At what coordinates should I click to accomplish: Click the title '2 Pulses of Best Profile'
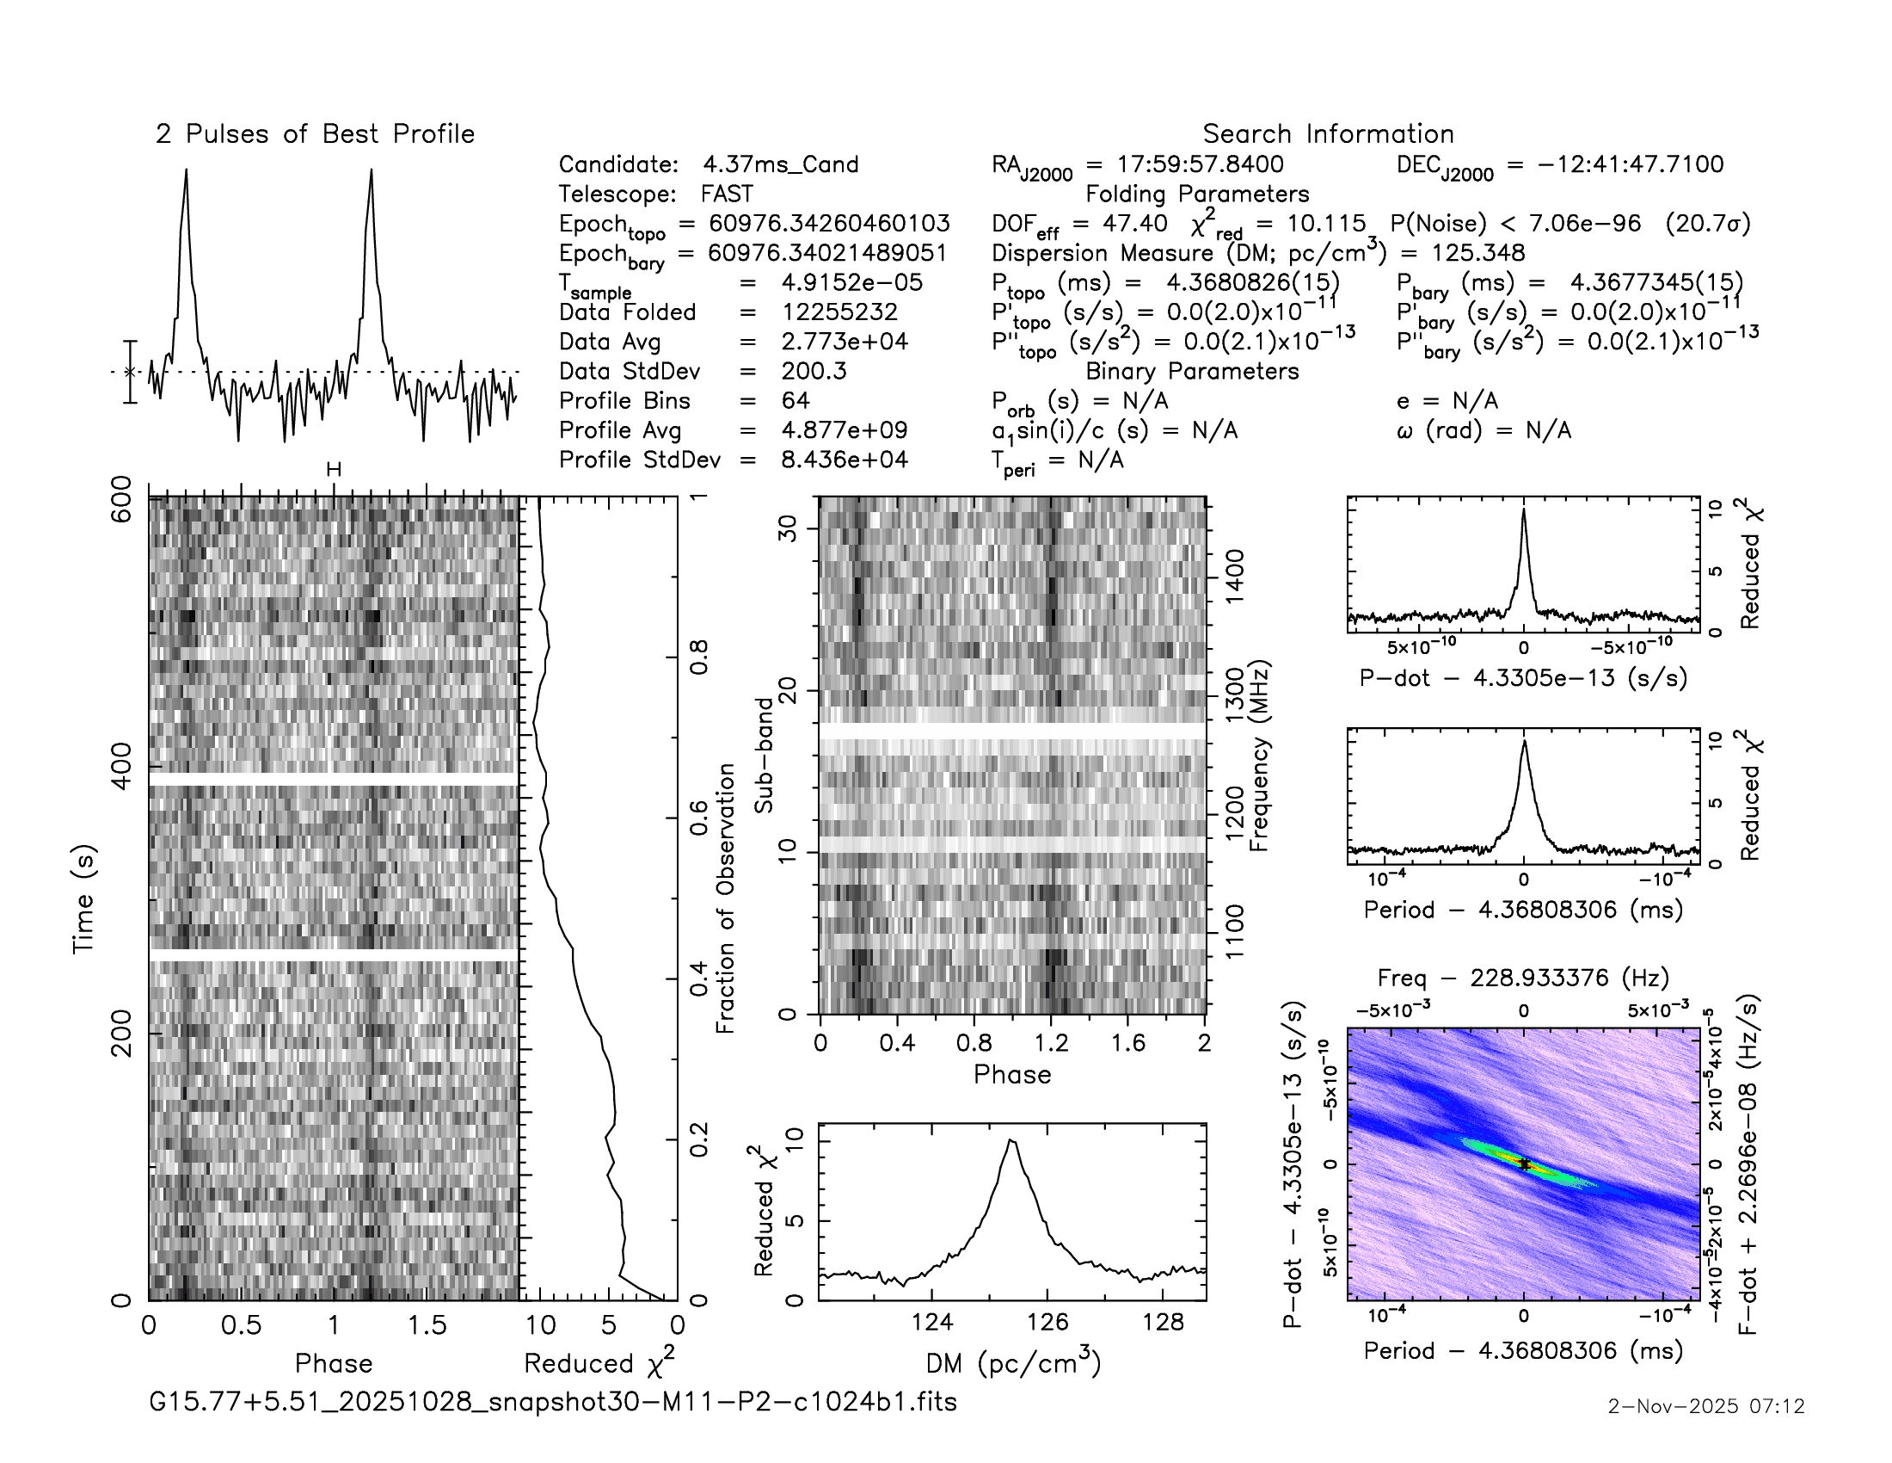tap(315, 134)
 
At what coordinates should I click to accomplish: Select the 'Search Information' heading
tap(1327, 134)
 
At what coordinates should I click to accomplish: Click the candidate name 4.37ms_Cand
tap(781, 164)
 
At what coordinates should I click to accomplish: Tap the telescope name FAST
tap(727, 194)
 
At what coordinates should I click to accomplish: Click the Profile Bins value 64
tap(795, 400)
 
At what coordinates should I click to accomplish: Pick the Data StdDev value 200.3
tap(814, 371)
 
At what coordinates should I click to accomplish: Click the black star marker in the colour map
tap(1525, 1165)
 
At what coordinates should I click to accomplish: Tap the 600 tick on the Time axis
tap(122, 498)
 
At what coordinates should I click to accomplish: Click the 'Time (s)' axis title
tap(83, 898)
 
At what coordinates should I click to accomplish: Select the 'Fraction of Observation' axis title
tap(726, 898)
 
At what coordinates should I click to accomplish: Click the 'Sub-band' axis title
tap(763, 755)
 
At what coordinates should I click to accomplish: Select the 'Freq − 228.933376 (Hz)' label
tap(1523, 978)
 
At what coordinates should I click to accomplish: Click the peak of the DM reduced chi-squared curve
tap(1011, 1140)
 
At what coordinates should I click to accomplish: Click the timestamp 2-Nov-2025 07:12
tap(1705, 1406)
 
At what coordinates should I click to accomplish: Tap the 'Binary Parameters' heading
tap(1192, 371)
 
